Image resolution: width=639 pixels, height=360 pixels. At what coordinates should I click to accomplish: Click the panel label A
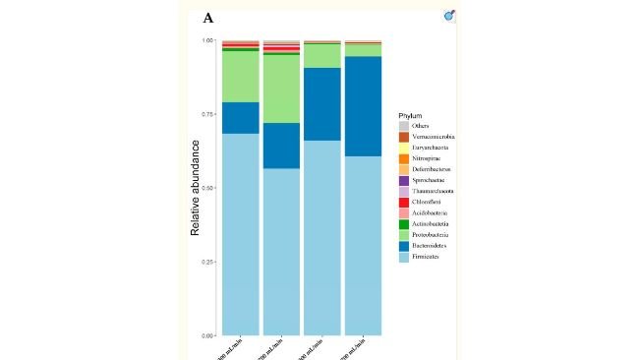tap(208, 18)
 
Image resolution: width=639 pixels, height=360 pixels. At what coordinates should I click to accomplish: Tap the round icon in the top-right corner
tap(450, 15)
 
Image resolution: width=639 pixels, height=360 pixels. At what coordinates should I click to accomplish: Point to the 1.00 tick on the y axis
tap(207, 40)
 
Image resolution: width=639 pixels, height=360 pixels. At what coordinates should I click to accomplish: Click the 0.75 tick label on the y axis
tap(207, 114)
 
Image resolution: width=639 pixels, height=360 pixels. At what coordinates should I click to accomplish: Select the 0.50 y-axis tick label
tap(207, 188)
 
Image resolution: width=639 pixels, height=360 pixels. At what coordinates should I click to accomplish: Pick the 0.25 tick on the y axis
tap(207, 262)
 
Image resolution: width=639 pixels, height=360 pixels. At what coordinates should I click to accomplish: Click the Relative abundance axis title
tap(195, 187)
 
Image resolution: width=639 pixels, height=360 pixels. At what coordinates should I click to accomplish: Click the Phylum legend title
tap(411, 116)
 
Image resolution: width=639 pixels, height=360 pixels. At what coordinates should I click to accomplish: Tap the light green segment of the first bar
tap(240, 76)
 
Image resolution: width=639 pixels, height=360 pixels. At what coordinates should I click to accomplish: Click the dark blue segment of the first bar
tap(240, 117)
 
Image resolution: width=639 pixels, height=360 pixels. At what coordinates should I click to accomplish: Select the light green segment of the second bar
tap(281, 89)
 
